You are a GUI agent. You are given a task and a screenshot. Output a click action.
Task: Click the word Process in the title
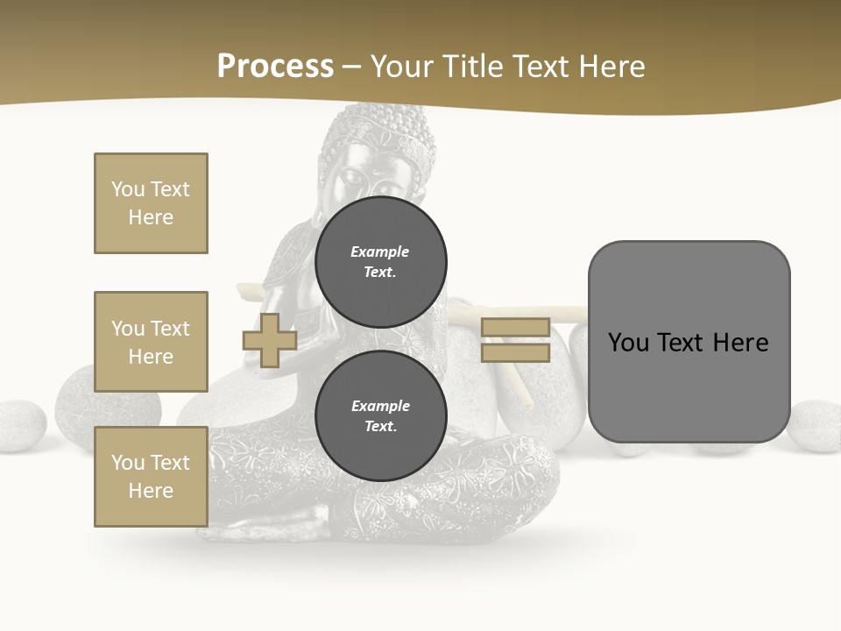[275, 67]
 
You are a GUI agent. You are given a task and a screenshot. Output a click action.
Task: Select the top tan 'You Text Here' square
[151, 203]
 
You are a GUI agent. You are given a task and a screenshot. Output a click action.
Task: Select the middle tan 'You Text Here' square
[151, 342]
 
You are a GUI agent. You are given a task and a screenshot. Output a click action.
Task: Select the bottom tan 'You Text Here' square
[151, 477]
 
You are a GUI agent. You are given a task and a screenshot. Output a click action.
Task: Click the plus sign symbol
[270, 341]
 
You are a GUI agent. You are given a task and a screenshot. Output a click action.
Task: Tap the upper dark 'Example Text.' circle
[380, 262]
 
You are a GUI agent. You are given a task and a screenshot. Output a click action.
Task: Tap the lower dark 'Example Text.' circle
[380, 416]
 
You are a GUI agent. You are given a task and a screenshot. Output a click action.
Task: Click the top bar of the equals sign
[516, 328]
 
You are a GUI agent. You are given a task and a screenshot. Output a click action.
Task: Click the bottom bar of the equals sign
[516, 353]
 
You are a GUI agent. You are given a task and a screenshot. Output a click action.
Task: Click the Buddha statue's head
[378, 158]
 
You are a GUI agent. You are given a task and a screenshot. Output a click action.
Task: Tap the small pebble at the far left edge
[19, 426]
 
